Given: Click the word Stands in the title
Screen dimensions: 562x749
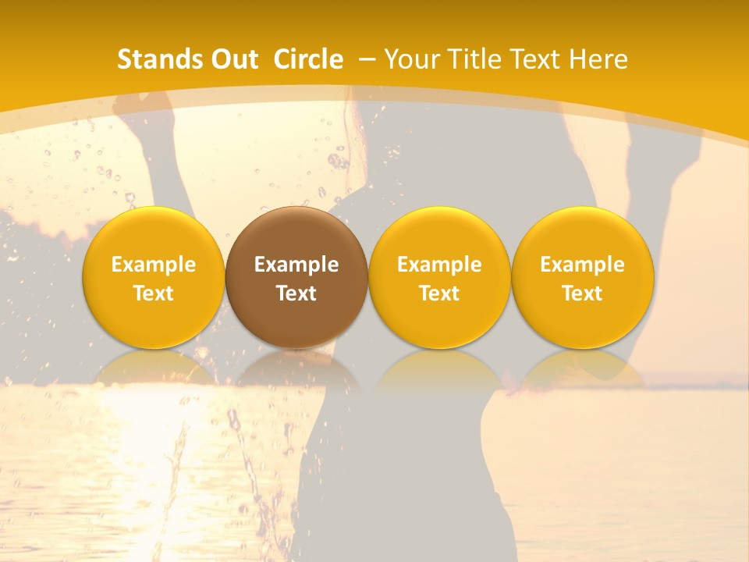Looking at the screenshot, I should [154, 59].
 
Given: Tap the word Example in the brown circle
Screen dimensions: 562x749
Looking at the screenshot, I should [296, 265].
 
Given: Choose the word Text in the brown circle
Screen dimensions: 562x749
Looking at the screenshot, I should [296, 293].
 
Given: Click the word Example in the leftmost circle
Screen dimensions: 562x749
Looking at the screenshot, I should [154, 265].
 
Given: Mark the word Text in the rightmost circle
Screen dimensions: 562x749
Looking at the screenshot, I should [582, 293].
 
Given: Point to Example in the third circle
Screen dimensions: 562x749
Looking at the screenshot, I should [439, 265].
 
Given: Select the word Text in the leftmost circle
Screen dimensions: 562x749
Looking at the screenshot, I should [154, 293].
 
